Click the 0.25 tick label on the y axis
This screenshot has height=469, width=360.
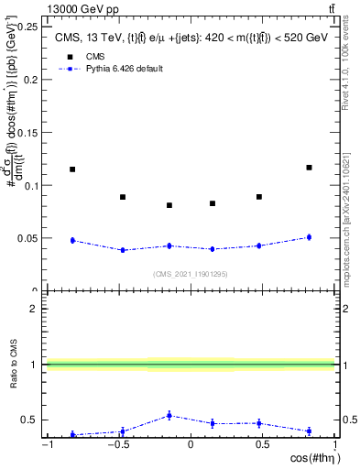pyautogui.click(x=27, y=27)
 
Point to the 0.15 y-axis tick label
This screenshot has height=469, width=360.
pyautogui.click(x=27, y=132)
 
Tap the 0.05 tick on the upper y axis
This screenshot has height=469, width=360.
pyautogui.click(x=27, y=238)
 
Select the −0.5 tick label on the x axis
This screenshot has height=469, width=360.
pyautogui.click(x=117, y=445)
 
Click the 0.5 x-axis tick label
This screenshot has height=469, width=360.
pyautogui.click(x=262, y=445)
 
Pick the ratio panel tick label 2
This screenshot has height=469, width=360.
pyautogui.click(x=34, y=309)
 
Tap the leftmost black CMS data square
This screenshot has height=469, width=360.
pyautogui.click(x=72, y=169)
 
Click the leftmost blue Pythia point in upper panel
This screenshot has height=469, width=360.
pyautogui.click(x=72, y=240)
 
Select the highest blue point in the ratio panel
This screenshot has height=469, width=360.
pyautogui.click(x=169, y=415)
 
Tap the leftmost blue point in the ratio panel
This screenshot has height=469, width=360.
pyautogui.click(x=72, y=434)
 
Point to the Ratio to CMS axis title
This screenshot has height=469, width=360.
pyautogui.click(x=12, y=365)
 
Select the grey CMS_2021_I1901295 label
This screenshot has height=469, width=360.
pyautogui.click(x=191, y=274)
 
